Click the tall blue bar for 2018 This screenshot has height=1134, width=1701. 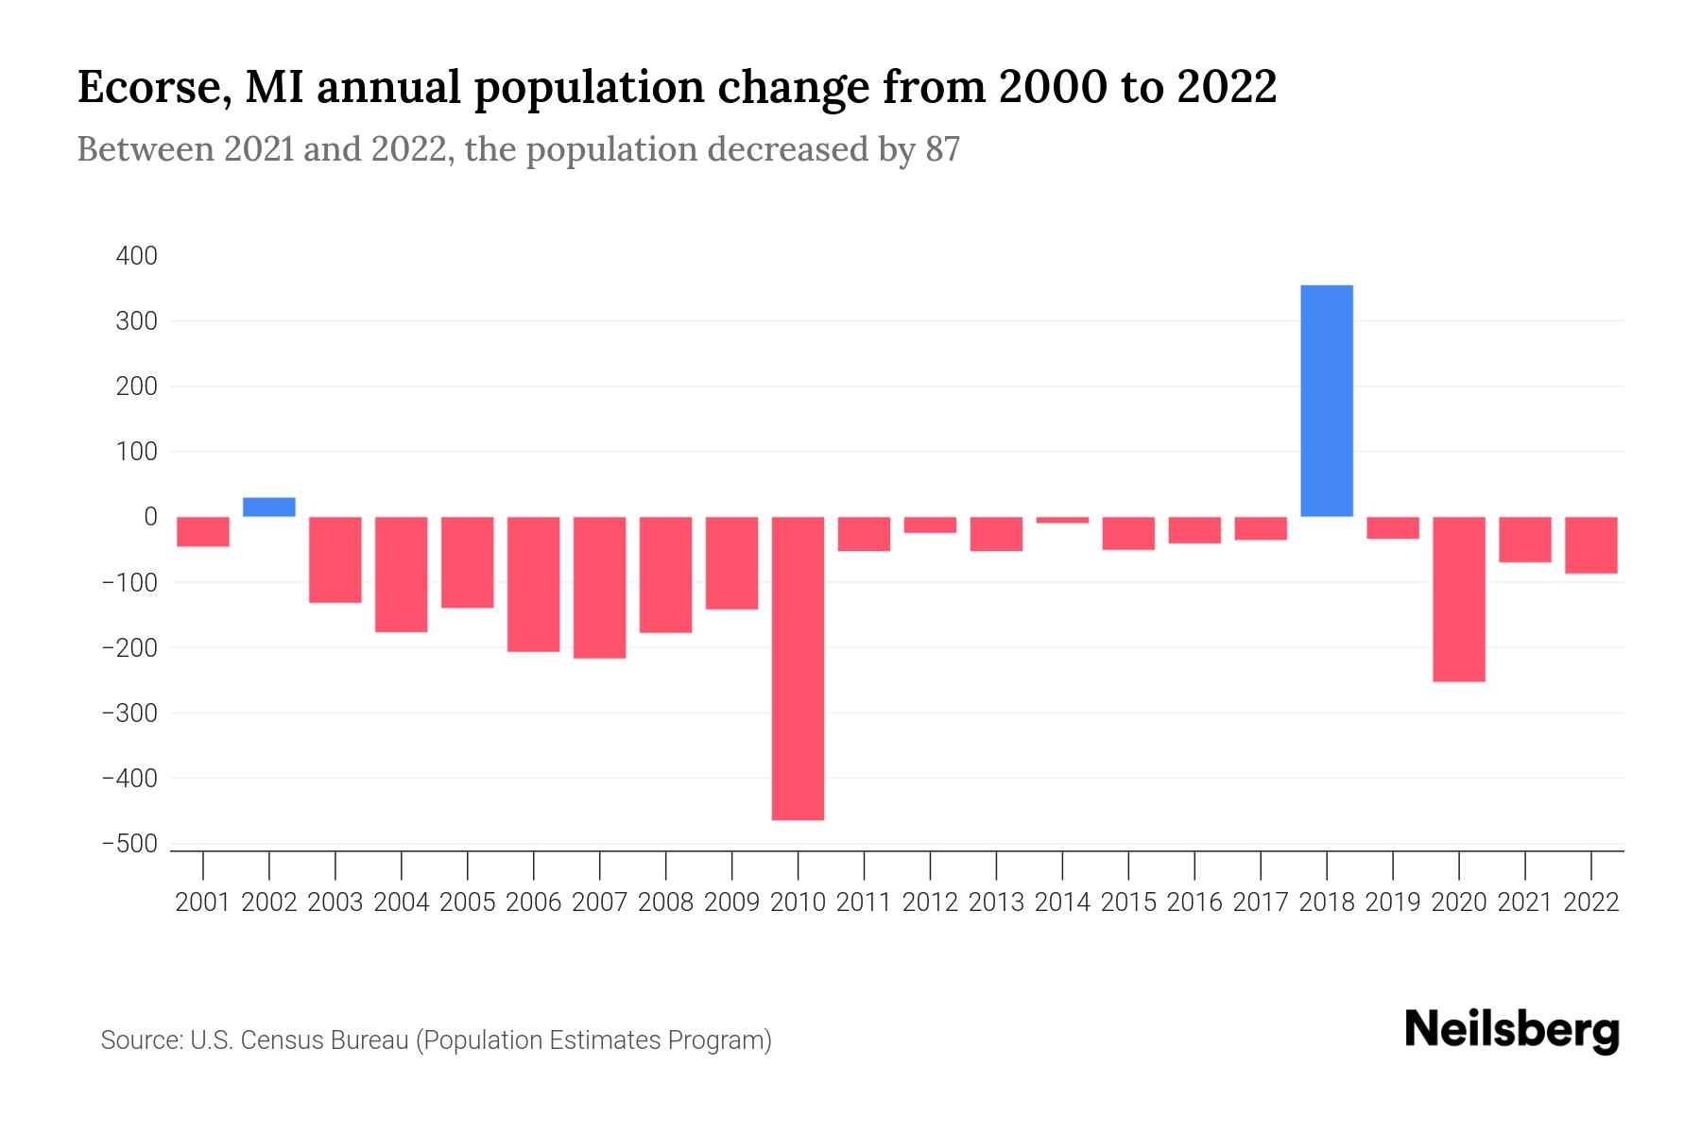click(x=1327, y=401)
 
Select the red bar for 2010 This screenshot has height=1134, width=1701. click(x=798, y=668)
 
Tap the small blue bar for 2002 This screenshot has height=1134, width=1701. click(x=269, y=507)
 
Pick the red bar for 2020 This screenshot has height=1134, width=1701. click(x=1459, y=599)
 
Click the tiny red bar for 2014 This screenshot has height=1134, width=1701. click(x=1062, y=520)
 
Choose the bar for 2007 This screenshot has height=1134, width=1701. click(x=599, y=587)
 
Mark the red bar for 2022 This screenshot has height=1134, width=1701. click(x=1591, y=545)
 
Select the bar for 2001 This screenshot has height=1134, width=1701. click(x=203, y=531)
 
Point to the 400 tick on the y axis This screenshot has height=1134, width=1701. click(x=137, y=256)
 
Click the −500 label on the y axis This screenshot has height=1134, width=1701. click(x=129, y=844)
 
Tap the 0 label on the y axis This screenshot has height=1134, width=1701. click(x=150, y=517)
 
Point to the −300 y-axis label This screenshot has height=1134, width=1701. click(x=129, y=713)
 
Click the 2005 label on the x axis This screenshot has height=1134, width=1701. click(x=468, y=902)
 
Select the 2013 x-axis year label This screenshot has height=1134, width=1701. click(x=996, y=902)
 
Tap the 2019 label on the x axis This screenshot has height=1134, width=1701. click(x=1393, y=902)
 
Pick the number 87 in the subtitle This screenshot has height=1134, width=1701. click(x=942, y=149)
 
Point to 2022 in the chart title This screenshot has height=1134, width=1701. click(x=1226, y=88)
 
